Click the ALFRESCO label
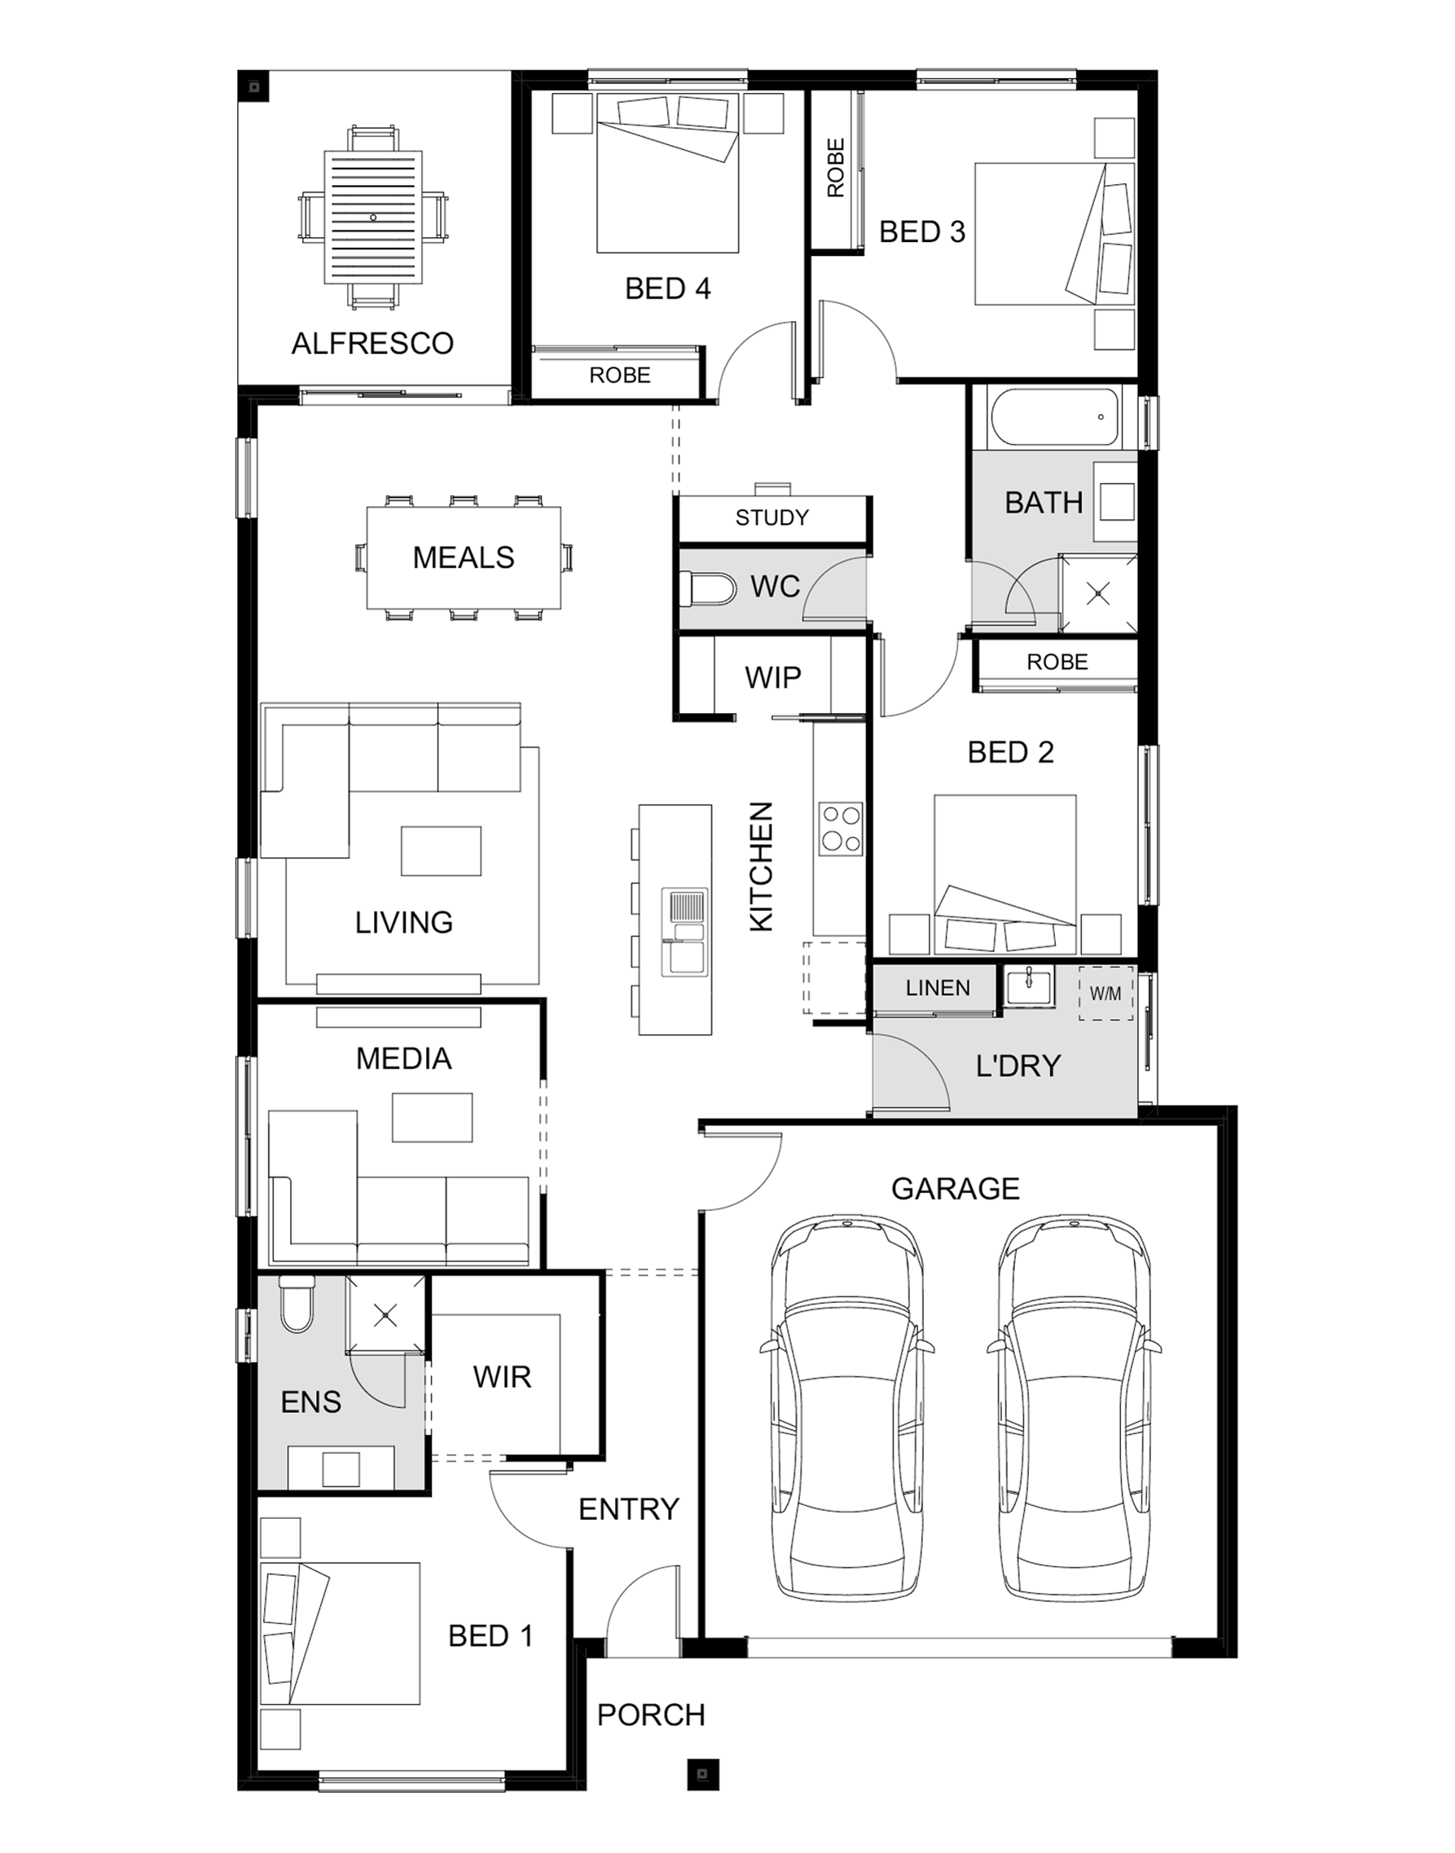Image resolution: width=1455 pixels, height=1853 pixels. point(372,343)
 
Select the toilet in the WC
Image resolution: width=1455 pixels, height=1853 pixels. point(708,588)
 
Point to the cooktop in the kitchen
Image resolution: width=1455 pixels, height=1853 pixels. point(840,829)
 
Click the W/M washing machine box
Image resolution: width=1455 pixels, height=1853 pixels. point(1106,993)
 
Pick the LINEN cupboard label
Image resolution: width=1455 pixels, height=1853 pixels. point(938,988)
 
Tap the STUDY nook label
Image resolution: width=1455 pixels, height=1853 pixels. point(771,517)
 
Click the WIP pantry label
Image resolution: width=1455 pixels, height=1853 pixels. point(772,677)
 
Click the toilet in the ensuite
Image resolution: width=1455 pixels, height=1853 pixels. point(297,1305)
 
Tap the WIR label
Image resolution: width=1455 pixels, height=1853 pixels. point(502,1377)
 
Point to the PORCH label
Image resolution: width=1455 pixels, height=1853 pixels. point(651,1715)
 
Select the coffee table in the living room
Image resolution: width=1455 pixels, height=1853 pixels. point(442,850)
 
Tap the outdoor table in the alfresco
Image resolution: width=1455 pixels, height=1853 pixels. point(373,218)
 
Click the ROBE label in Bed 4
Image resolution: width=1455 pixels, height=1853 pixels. point(619,375)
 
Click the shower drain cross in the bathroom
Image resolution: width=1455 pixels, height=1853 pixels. point(1099,594)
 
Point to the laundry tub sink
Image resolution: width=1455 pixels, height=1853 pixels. point(1028,987)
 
